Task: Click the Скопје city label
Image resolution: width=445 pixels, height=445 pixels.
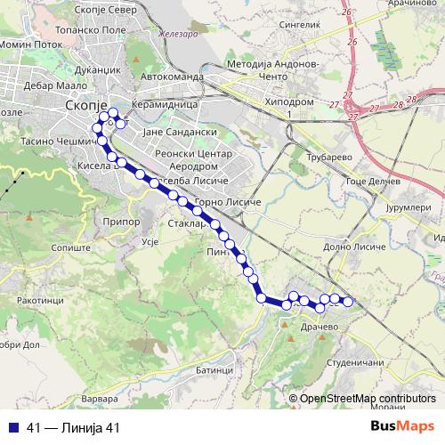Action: point(87,105)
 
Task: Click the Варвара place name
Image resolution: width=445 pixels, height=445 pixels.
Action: point(98,397)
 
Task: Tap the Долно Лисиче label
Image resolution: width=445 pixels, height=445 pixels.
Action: point(353,246)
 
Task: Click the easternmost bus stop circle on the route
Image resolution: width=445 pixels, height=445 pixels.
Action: point(348,302)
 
